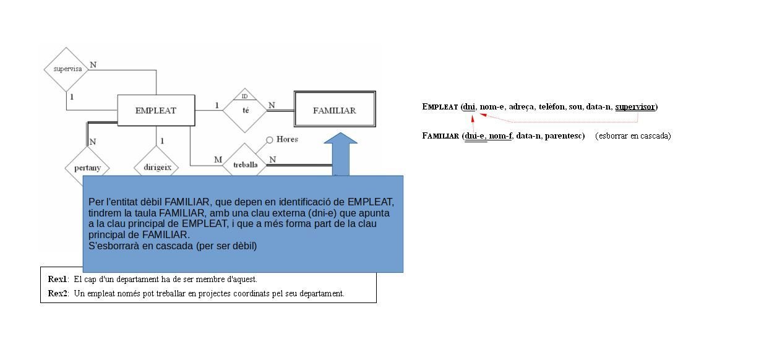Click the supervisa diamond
click(67, 69)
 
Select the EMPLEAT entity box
click(156, 111)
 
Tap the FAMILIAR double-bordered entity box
click(335, 110)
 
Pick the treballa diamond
click(246, 165)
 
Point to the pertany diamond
click(87, 167)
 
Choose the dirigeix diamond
click(156, 167)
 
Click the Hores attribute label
click(287, 140)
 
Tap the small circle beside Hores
click(270, 140)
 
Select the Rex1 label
click(58, 279)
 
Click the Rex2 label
click(58, 293)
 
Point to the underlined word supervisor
click(635, 107)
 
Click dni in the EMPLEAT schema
click(470, 107)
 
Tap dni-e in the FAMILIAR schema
click(476, 136)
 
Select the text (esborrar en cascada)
click(633, 136)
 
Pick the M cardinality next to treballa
click(218, 160)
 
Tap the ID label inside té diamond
click(245, 96)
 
